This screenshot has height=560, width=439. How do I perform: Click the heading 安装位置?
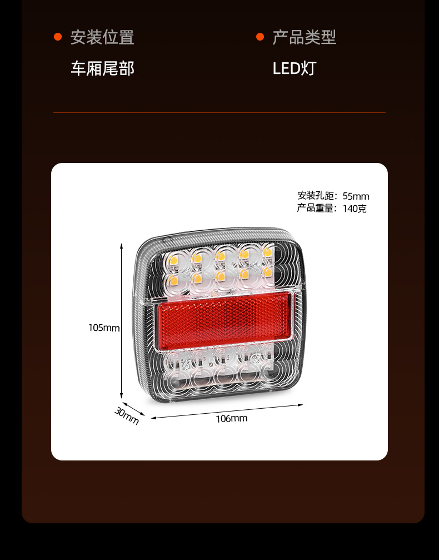coord(102,37)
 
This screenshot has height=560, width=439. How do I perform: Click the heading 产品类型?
coord(304,37)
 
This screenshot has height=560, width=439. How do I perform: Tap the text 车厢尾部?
coord(102,68)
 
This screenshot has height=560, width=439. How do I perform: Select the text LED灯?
coord(294,68)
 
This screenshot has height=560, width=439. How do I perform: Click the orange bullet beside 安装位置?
coord(58,37)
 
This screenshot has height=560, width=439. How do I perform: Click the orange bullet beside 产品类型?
coord(260,37)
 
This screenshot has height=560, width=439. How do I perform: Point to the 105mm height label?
coord(104,328)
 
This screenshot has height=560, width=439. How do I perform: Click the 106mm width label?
coord(231,418)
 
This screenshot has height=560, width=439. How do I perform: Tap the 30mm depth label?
coord(127,416)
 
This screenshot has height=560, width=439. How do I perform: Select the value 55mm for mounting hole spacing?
coord(356,196)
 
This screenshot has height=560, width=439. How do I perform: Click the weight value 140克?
coord(355,209)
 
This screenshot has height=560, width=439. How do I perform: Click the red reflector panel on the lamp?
coord(225,319)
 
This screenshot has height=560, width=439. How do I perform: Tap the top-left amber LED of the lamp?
coord(173,258)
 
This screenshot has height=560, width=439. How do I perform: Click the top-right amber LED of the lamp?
coord(267,252)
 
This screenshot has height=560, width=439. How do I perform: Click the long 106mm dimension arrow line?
coord(228,410)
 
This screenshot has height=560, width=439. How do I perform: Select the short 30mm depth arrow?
coord(133,409)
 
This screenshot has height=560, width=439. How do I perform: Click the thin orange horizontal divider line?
coord(219,113)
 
